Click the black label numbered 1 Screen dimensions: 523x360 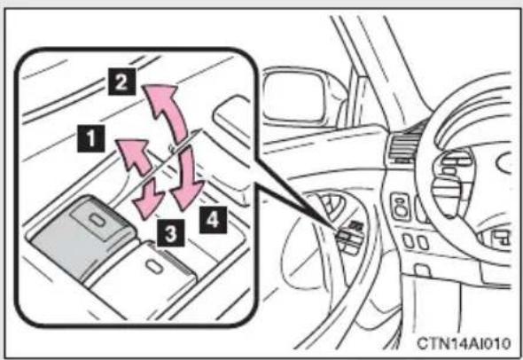[x=91, y=138]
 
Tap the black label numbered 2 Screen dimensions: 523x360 [x=121, y=82]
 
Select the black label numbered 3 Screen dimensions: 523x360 [x=171, y=232]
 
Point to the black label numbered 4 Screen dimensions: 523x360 [x=213, y=220]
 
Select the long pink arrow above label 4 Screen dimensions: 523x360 [x=189, y=180]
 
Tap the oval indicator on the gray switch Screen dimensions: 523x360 [x=97, y=219]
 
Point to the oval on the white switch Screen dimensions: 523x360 [x=153, y=266]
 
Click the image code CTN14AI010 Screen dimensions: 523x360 [x=464, y=343]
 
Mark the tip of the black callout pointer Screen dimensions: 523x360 [x=337, y=230]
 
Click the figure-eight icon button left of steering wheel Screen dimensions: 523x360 [x=401, y=207]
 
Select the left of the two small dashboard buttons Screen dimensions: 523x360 [x=408, y=241]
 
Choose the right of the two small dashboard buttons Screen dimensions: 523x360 [x=423, y=242]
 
